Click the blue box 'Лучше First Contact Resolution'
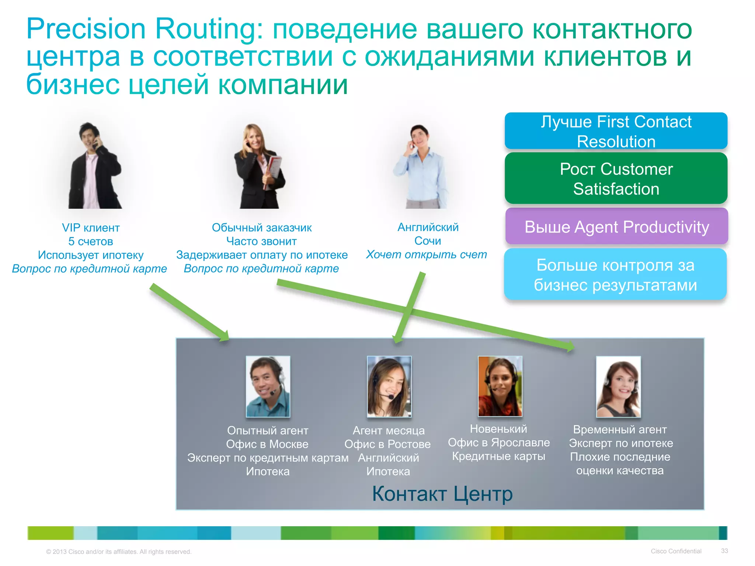[616, 131]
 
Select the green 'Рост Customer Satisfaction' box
[616, 178]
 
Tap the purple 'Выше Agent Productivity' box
[616, 226]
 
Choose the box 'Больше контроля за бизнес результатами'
[615, 274]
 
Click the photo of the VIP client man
[95, 166]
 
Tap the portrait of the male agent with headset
[268, 386]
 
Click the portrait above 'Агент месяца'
[389, 386]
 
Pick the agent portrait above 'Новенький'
[500, 386]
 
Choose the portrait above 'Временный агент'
[618, 387]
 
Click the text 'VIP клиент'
[91, 228]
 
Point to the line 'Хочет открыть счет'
[427, 255]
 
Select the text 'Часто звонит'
[261, 241]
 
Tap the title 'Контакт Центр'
[442, 494]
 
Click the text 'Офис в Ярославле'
[499, 443]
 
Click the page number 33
[724, 551]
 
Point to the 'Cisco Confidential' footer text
[676, 551]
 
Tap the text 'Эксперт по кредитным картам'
[268, 458]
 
